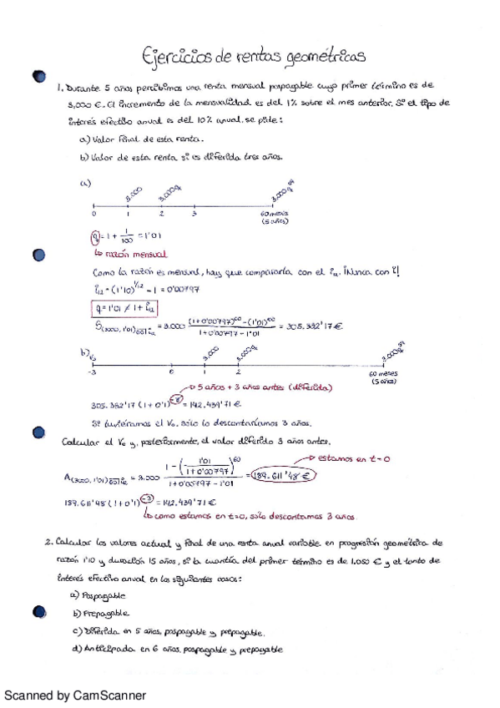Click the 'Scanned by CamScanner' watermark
point(75,695)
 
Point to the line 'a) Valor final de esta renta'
point(126,139)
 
